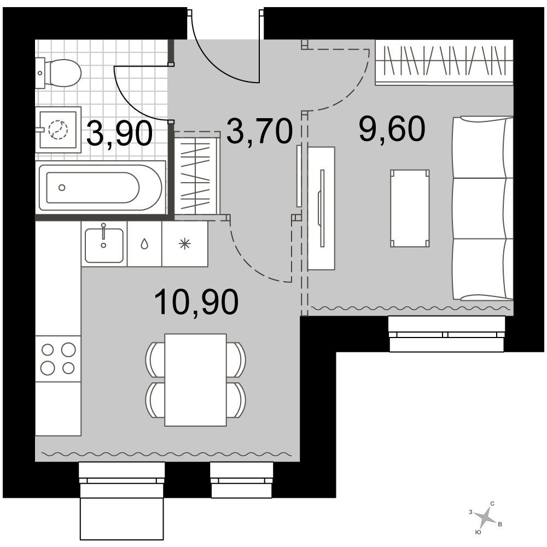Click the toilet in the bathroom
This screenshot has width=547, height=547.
click(59, 73)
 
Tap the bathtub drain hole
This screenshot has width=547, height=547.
click(62, 188)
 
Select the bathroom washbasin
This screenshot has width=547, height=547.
click(59, 130)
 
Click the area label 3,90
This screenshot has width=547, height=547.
click(119, 133)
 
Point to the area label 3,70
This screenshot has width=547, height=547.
click(259, 131)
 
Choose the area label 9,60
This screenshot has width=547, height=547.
click(392, 129)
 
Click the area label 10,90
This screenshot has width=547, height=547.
click(196, 302)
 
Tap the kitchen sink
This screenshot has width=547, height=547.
click(104, 245)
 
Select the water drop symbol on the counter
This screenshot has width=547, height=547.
click(144, 244)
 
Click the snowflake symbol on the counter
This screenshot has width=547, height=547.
click(184, 244)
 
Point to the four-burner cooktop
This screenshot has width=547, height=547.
click(59, 359)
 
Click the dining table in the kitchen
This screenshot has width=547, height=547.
click(195, 380)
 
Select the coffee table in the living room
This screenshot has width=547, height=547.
click(410, 208)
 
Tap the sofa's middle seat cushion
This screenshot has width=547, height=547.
click(481, 208)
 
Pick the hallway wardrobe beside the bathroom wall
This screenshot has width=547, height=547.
click(197, 173)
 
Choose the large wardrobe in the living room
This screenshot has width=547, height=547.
click(444, 62)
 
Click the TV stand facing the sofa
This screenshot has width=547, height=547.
click(321, 208)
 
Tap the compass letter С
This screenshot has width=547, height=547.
click(493, 504)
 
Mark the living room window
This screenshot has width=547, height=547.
click(447, 334)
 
